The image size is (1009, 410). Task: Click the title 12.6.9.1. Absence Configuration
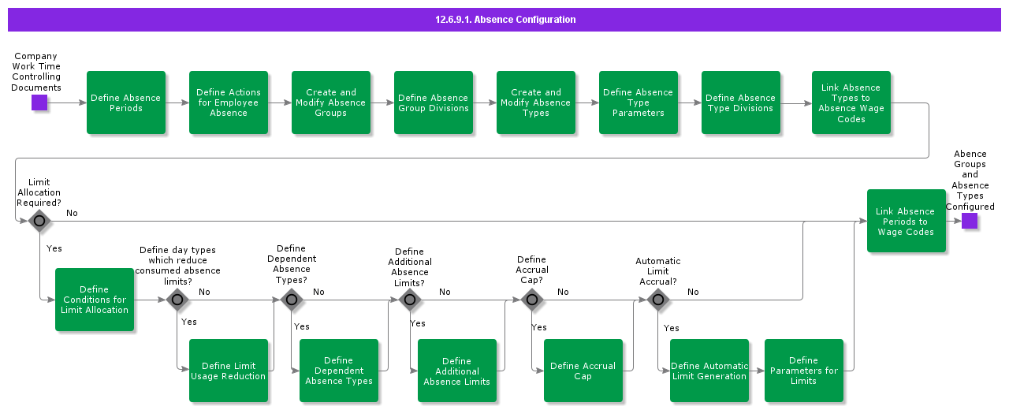pos(505,20)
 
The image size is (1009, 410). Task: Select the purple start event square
pos(39,102)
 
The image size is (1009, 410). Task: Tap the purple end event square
pos(970,221)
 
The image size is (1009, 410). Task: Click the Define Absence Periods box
pos(126,102)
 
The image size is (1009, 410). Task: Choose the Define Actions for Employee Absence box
pos(229,102)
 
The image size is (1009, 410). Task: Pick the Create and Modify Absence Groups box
pos(331,102)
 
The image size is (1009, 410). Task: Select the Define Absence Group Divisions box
pos(434,102)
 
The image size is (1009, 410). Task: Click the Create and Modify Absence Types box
pos(536,102)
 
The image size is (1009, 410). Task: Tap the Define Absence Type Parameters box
pos(639,102)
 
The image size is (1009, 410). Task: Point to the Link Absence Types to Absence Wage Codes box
pos(851,102)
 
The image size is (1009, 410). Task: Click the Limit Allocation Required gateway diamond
pos(39,222)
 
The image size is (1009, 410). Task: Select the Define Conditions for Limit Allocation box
pos(95,300)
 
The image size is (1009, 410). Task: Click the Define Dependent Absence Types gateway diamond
pos(292,300)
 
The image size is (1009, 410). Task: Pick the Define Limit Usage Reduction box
pos(229,371)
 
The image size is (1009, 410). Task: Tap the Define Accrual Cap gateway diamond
pos(532,300)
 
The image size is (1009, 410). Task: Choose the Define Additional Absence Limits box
pos(457,371)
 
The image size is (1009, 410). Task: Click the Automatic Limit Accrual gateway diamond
pos(658,300)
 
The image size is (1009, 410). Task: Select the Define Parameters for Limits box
pos(804,371)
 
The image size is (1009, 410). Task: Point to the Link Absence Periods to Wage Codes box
pos(907,221)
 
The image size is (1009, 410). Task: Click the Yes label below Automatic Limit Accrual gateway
pos(672,328)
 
